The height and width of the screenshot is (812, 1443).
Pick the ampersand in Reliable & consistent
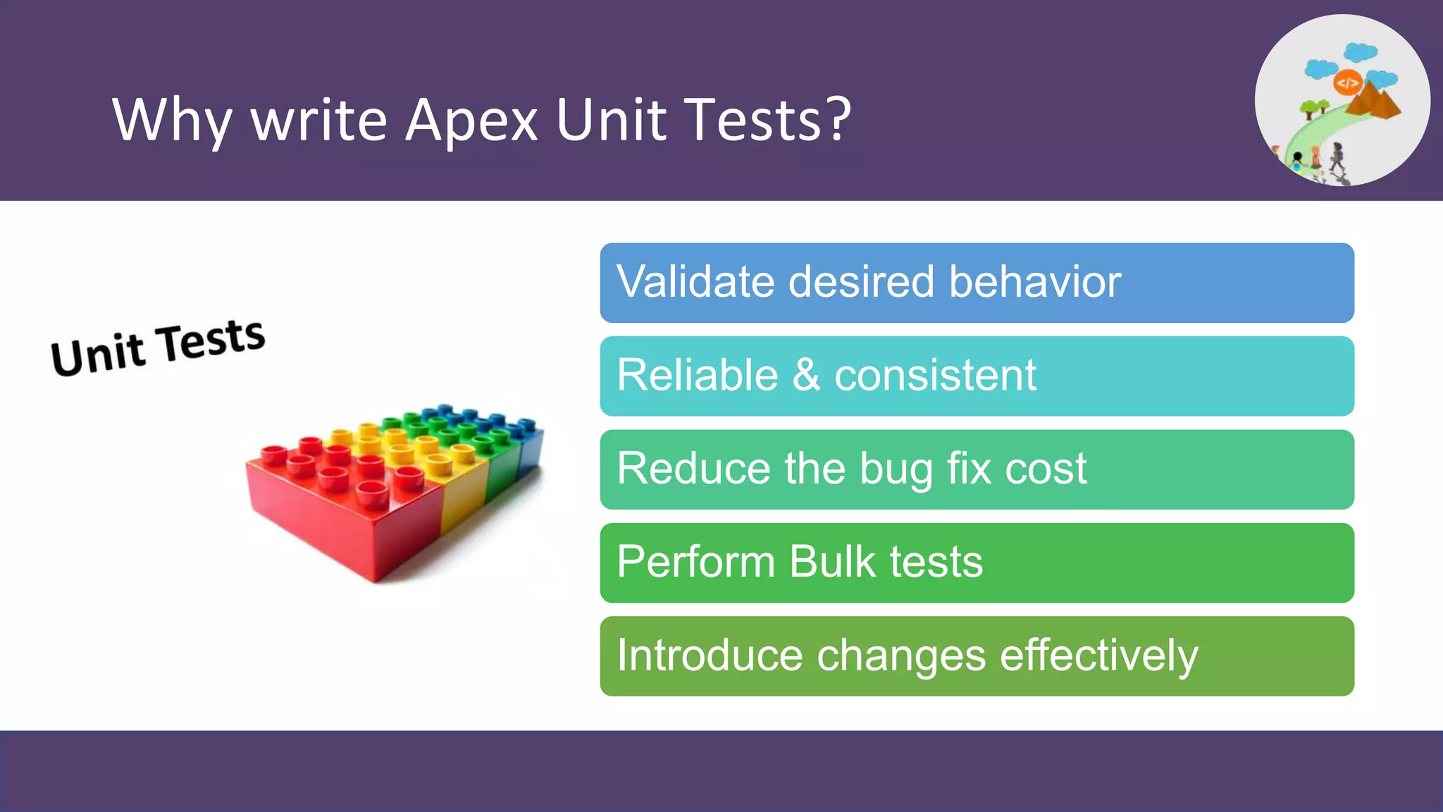pyautogui.click(x=806, y=375)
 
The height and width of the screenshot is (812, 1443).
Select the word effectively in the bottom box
pyautogui.click(x=1098, y=656)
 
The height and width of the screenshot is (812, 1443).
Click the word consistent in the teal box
pyautogui.click(x=935, y=375)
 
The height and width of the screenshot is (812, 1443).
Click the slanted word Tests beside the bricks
pyautogui.click(x=211, y=340)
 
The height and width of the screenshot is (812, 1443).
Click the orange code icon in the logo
pyautogui.click(x=1347, y=83)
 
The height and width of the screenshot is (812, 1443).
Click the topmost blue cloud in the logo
pyautogui.click(x=1360, y=51)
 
